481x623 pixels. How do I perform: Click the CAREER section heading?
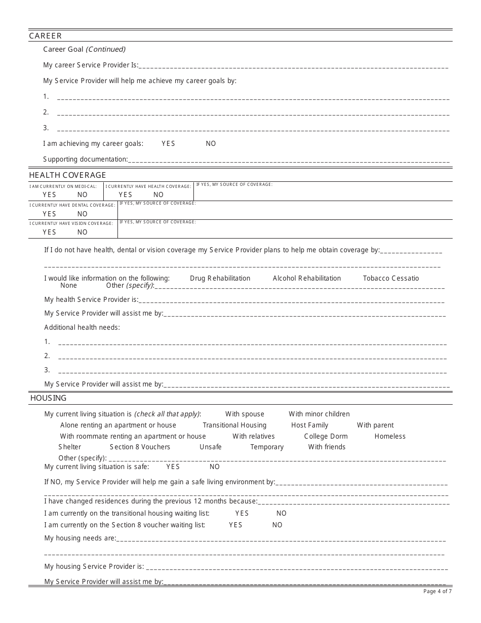click(46, 36)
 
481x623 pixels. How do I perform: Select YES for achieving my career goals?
click(168, 144)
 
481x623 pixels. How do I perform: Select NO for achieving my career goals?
click(211, 144)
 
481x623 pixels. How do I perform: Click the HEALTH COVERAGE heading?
click(67, 175)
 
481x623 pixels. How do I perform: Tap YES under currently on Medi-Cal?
click(49, 195)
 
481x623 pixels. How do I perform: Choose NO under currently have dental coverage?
click(82, 214)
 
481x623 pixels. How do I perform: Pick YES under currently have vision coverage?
click(49, 232)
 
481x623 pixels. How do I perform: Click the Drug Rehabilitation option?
click(220, 279)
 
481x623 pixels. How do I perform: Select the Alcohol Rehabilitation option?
click(306, 279)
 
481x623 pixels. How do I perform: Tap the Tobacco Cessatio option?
click(391, 279)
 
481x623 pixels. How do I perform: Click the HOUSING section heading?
click(48, 398)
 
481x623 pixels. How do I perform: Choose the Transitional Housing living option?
click(234, 425)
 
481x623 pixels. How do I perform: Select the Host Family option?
click(309, 425)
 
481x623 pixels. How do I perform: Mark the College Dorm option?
click(326, 437)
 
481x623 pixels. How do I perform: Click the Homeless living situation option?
click(390, 437)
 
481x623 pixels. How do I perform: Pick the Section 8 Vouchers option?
click(140, 447)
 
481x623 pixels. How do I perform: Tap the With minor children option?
click(319, 414)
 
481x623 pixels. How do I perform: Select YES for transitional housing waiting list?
click(242, 514)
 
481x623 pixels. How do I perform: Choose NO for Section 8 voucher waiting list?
click(277, 525)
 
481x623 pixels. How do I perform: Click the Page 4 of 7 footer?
click(437, 591)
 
